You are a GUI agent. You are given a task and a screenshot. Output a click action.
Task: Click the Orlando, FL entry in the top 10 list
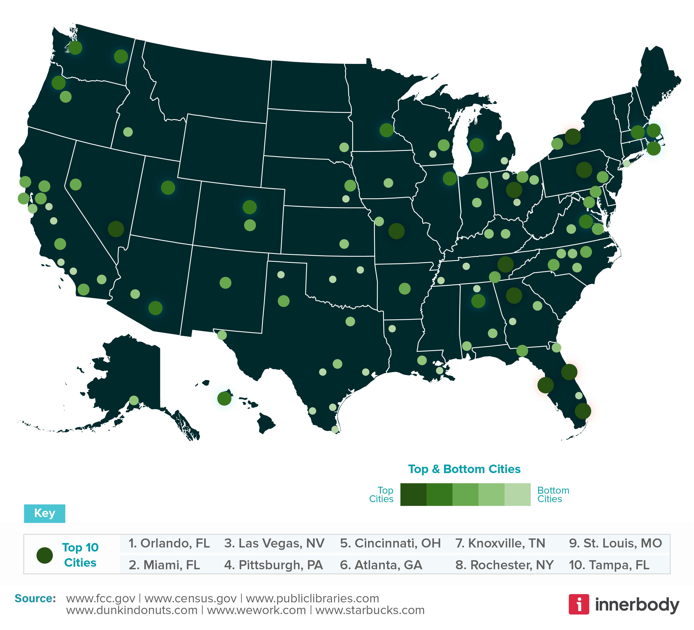(169, 543)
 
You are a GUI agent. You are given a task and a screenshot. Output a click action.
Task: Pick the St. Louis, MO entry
(615, 543)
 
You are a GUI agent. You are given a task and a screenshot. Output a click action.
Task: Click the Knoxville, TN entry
(500, 543)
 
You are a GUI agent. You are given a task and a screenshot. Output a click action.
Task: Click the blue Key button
(44, 513)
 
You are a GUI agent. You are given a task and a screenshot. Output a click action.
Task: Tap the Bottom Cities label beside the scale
(553, 495)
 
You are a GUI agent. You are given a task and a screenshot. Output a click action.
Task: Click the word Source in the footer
(35, 598)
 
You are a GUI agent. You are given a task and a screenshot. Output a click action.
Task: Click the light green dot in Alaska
(134, 400)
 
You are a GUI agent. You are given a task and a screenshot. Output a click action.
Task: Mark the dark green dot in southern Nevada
(116, 229)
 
